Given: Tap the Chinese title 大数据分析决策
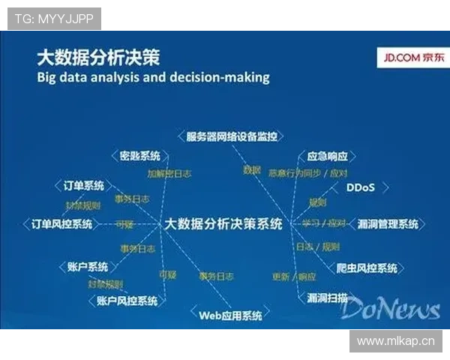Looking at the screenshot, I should coord(97,58).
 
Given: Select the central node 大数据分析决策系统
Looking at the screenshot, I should coord(223,223).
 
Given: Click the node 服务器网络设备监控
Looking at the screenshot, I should coord(232,136).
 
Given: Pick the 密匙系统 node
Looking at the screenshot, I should coord(140,156).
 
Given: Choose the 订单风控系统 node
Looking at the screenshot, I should coord(62,223).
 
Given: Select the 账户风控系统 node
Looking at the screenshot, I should coord(127,301).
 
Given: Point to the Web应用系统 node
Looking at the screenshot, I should coord(229,315).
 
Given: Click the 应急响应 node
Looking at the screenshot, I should coord(328,157).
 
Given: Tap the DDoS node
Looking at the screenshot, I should coord(360,187).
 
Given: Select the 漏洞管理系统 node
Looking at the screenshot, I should coord(388,223).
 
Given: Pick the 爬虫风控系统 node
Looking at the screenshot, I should coord(367,268).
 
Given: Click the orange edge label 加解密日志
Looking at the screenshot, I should coord(169,173).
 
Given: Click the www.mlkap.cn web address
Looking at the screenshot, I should coord(395,341).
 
